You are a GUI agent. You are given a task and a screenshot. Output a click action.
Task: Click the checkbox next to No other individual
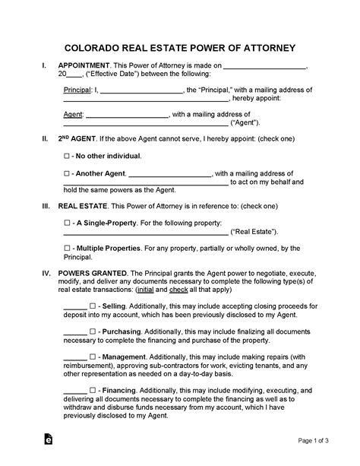coord(67,155)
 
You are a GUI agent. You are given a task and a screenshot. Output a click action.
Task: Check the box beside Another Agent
coord(67,174)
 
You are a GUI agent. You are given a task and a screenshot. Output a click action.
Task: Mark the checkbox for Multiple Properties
coord(67,249)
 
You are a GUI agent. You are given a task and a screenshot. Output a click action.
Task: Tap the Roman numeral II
coord(47,139)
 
